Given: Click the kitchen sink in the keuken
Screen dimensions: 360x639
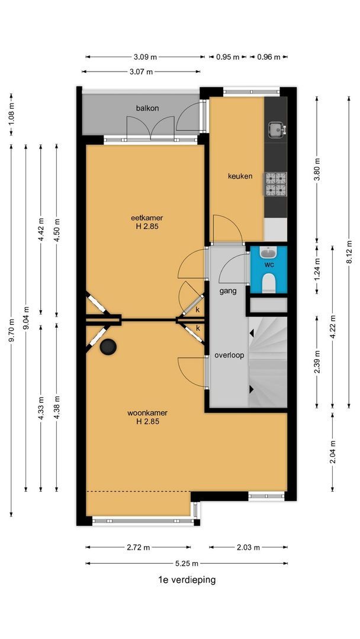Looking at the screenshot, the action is [x=276, y=129].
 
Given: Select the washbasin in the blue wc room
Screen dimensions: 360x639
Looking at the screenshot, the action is [x=268, y=253].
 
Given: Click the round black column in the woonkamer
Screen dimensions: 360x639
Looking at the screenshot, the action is [x=108, y=347].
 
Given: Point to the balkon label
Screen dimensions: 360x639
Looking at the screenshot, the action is [x=147, y=108].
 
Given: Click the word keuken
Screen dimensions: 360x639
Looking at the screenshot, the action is [x=240, y=176].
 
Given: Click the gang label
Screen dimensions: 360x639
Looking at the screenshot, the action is [x=228, y=291].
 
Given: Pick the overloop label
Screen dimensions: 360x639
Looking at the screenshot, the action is [x=230, y=356].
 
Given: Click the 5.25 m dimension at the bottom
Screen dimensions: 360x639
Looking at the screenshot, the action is [x=187, y=564].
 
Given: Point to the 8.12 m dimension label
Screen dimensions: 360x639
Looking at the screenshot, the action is [x=349, y=252].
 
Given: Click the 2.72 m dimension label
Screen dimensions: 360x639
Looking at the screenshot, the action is [x=138, y=548].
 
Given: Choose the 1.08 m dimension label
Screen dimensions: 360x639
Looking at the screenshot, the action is [x=11, y=115].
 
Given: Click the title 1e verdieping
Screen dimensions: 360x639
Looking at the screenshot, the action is [x=187, y=580].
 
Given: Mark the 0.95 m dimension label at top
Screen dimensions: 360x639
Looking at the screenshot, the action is [x=227, y=57].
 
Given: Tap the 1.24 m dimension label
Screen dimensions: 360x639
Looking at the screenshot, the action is [x=317, y=269].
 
